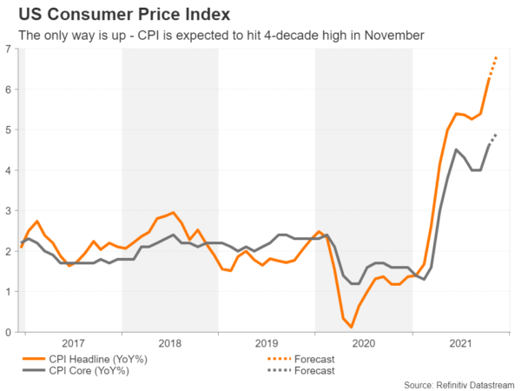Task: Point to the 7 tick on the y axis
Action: (x=9, y=50)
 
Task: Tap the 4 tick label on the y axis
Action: (x=9, y=170)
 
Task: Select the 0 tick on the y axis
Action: (x=9, y=332)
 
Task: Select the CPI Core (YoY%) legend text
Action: (x=92, y=371)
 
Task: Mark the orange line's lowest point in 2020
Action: (x=352, y=327)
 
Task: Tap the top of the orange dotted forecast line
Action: (x=496, y=57)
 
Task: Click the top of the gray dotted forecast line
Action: (x=496, y=135)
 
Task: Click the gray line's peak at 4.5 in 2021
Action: (x=457, y=149)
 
